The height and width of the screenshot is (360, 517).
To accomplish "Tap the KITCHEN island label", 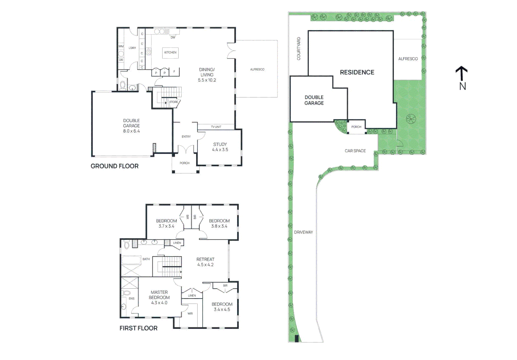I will pyautogui.click(x=170, y=52).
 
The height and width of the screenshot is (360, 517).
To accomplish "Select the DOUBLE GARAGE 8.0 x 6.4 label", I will pyautogui.click(x=131, y=126).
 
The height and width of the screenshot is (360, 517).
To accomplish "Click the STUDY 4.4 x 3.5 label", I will pyautogui.click(x=220, y=147).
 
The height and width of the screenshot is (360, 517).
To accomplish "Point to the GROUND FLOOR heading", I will pyautogui.click(x=114, y=166).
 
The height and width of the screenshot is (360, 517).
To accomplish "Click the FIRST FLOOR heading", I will pyautogui.click(x=138, y=328).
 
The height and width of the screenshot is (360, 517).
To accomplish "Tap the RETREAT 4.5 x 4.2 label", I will pyautogui.click(x=205, y=262).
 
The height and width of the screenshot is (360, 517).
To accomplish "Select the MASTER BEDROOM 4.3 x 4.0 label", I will pyautogui.click(x=159, y=297).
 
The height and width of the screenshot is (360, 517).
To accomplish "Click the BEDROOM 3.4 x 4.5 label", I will pyautogui.click(x=222, y=307).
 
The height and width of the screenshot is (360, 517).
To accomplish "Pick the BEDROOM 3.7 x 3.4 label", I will pyautogui.click(x=166, y=223).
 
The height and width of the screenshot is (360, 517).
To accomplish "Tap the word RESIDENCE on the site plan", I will pyautogui.click(x=357, y=72).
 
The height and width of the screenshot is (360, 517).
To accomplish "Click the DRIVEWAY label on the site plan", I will pyautogui.click(x=303, y=232).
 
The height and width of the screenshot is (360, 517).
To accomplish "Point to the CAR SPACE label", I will pyautogui.click(x=355, y=151).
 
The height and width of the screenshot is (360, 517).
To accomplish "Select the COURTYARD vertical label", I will pyautogui.click(x=299, y=49).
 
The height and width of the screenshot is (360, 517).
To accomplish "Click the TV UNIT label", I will pyautogui.click(x=216, y=127).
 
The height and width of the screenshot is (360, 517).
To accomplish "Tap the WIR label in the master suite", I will pyautogui.click(x=190, y=313).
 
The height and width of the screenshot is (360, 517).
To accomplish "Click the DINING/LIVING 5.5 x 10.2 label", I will pyautogui.click(x=207, y=75).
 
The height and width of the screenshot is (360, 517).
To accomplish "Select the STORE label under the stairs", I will pyautogui.click(x=173, y=102).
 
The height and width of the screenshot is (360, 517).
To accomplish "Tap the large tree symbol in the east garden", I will pyautogui.click(x=411, y=118).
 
